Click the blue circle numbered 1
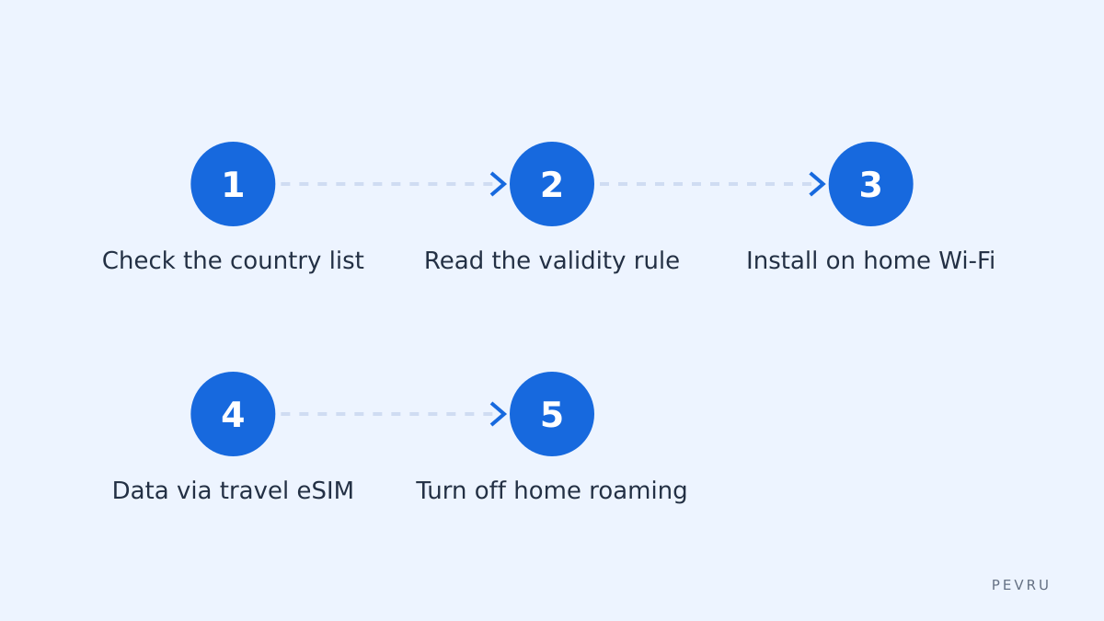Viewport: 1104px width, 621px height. coord(233,184)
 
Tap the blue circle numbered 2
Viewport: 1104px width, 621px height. coord(551,184)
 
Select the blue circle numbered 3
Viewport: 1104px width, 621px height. coord(870,184)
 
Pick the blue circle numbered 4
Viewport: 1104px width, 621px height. coord(233,414)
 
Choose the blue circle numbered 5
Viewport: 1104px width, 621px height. coord(551,414)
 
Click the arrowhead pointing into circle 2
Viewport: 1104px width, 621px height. coord(499,184)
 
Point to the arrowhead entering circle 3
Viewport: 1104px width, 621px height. coord(818,184)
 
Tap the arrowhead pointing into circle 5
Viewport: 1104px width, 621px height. coord(499,414)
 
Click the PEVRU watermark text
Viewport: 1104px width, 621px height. coord(1020,585)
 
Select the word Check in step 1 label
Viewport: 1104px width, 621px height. coord(139,260)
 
